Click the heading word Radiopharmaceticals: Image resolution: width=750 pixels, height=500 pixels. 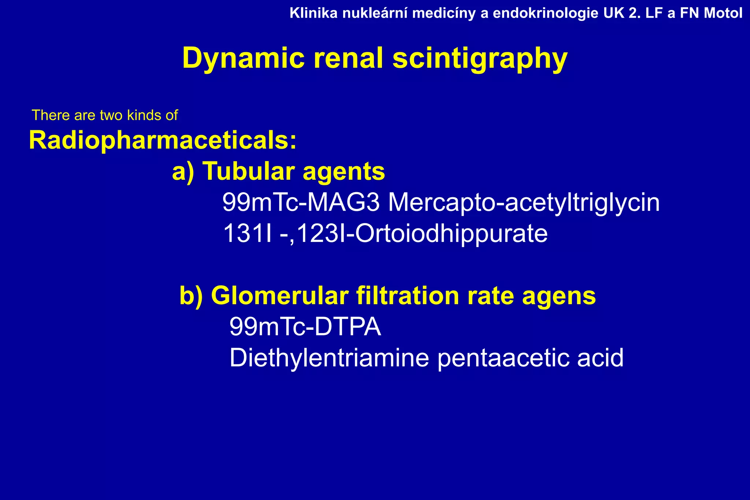(x=163, y=141)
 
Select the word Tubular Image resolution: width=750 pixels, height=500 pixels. (x=249, y=171)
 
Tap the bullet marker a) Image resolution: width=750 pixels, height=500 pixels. (x=183, y=172)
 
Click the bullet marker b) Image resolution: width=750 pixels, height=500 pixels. (x=191, y=296)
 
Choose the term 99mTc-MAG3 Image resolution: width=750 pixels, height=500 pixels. (x=301, y=202)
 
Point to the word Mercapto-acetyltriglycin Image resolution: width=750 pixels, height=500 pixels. (x=524, y=202)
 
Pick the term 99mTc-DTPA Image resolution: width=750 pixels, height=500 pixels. (x=305, y=327)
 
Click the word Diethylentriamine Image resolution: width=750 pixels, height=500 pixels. (x=329, y=358)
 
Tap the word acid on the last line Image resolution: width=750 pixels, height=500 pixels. (x=600, y=358)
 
